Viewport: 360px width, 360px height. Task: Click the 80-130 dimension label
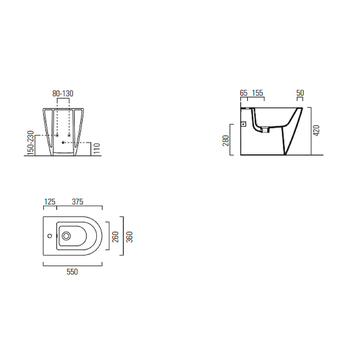(63, 94)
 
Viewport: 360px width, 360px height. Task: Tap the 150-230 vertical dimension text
(31, 143)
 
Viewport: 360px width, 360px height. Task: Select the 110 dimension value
(97, 148)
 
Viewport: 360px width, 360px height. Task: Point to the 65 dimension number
(243, 93)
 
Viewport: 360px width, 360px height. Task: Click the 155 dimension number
(257, 93)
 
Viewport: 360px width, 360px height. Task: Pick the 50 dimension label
(300, 93)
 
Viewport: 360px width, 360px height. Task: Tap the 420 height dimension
(316, 130)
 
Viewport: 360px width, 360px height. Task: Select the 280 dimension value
(226, 141)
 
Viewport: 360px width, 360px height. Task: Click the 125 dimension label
(49, 202)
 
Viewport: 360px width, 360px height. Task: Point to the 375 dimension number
(77, 202)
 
